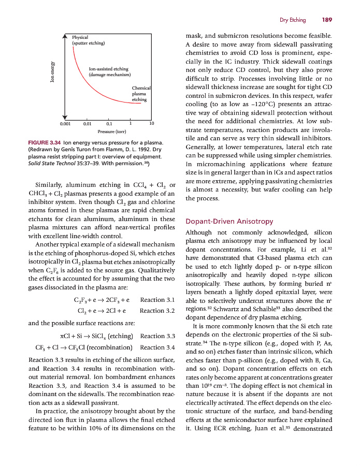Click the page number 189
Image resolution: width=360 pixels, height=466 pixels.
pos(327,20)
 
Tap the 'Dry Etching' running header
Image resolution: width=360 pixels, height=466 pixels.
pos(293,20)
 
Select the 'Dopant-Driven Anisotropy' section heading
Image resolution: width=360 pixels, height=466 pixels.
pos(229,221)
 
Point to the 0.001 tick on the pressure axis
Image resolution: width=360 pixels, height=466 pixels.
pos(65,124)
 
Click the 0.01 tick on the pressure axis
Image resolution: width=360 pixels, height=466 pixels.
pos(87,124)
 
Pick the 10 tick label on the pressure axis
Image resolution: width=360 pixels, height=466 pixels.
pos(151,124)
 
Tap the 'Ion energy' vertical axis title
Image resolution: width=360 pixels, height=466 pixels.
pos(52,72)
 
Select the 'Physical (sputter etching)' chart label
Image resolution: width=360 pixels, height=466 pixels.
pos(89,40)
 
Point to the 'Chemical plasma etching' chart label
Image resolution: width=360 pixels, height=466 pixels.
pos(140,94)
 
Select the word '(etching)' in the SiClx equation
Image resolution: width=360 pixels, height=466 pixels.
pos(118,336)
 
